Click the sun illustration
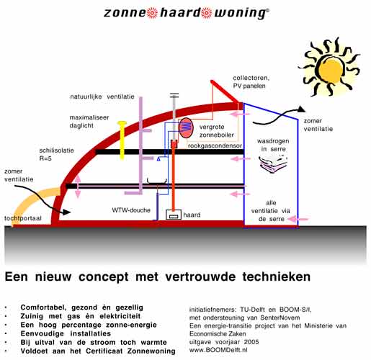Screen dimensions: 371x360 [331, 68]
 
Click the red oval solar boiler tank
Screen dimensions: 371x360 [186, 127]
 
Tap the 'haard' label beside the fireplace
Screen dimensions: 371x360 [192, 215]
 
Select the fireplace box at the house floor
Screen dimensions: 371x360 [174, 215]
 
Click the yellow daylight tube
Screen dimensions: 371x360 [122, 140]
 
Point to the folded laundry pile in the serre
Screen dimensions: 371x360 [273, 163]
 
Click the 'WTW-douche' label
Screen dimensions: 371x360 [131, 210]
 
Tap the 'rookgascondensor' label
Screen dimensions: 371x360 [215, 145]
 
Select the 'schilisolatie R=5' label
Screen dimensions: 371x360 [56, 154]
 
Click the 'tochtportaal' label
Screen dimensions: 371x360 [23, 218]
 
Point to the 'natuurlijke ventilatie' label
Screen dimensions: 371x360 [102, 96]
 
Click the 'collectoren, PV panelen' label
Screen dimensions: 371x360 [251, 82]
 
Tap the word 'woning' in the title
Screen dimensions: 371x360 [240, 13]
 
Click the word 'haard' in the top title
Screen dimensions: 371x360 [180, 12]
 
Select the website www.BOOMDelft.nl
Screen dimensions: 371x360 [218, 350]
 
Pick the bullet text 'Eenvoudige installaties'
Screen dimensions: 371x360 [66, 333]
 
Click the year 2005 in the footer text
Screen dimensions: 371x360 [251, 342]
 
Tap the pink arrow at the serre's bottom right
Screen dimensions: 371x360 [298, 219]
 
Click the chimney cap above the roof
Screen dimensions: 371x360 [174, 95]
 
